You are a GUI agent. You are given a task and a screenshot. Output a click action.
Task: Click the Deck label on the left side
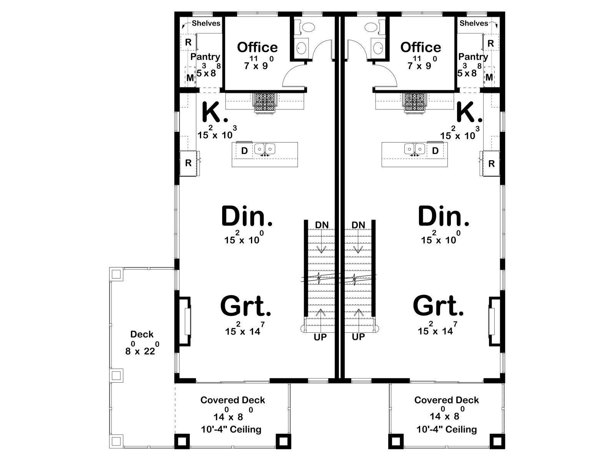pos(142,334)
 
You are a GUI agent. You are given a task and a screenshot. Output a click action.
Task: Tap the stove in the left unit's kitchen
pos(265,103)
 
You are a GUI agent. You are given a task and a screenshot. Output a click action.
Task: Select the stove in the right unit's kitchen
pos(415,103)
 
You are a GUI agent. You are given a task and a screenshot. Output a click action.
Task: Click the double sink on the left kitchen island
pos(265,149)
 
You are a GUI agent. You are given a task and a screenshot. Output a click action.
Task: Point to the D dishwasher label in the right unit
pos(435,151)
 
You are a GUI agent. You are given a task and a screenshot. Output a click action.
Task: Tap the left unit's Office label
pos(257,47)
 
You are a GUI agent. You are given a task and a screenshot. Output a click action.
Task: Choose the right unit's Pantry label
pos(473,57)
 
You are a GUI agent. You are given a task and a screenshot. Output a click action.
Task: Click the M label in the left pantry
pos(190,78)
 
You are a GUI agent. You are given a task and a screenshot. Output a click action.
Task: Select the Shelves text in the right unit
pos(474,23)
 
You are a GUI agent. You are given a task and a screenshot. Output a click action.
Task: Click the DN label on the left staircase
pos(322,225)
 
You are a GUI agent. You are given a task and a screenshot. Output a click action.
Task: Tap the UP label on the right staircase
pos(358,337)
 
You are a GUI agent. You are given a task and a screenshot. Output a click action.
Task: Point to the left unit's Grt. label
pos(246,306)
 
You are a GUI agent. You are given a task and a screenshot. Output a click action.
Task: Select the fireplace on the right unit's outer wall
pos(494,321)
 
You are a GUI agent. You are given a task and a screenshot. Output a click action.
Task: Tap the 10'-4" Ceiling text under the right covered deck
pos(447,429)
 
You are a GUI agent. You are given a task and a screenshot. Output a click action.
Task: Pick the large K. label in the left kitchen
pos(215,112)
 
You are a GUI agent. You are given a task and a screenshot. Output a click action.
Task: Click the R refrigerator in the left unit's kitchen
pos(189,163)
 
